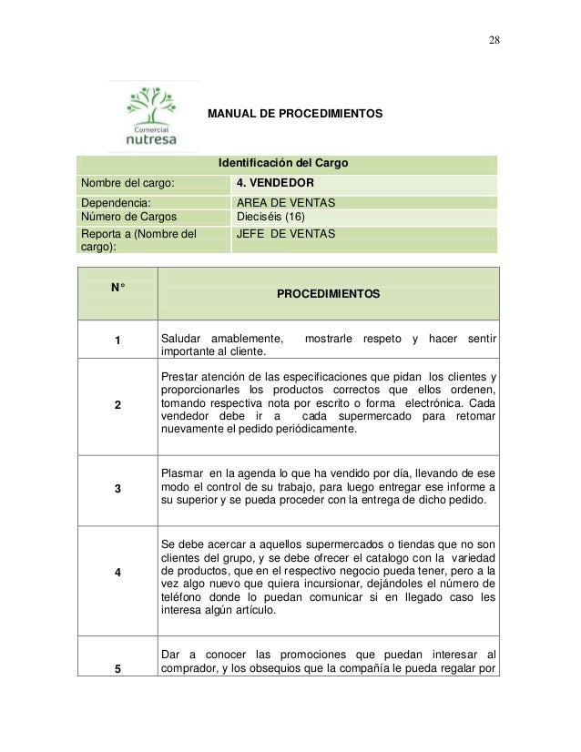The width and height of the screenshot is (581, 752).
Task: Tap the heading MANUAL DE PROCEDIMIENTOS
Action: (x=296, y=116)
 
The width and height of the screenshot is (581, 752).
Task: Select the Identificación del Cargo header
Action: (x=283, y=165)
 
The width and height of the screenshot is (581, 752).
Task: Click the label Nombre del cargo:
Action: (x=126, y=183)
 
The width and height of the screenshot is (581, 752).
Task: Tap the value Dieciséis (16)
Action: (x=271, y=218)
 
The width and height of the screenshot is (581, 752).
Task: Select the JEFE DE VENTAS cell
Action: (x=285, y=234)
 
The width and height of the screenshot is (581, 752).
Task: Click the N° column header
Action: (x=117, y=288)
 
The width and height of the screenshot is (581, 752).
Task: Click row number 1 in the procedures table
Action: (x=117, y=342)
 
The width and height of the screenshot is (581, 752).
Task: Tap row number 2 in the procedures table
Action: (x=117, y=405)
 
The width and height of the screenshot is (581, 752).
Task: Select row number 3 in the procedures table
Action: (x=117, y=489)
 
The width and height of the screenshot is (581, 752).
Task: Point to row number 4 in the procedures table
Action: (x=117, y=572)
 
